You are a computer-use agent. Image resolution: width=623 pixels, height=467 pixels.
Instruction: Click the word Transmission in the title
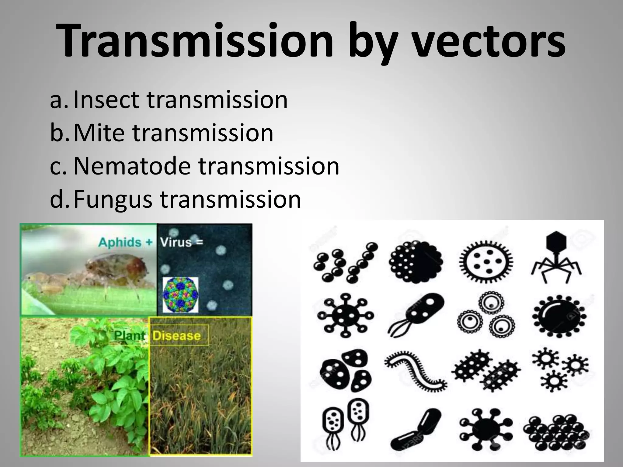[195, 41]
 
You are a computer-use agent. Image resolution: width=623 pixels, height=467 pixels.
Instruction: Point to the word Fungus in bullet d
[113, 199]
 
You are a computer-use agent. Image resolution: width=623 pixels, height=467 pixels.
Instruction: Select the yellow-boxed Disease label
[176, 336]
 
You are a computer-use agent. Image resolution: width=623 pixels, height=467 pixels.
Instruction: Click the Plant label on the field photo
[129, 336]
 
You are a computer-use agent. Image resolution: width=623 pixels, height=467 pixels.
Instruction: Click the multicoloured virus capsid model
[180, 295]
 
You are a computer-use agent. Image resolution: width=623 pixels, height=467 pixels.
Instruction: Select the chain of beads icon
[345, 261]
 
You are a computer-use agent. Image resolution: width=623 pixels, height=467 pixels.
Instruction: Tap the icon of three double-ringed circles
[486, 318]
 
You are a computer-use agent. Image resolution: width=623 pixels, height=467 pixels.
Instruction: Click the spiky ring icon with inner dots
[486, 261]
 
